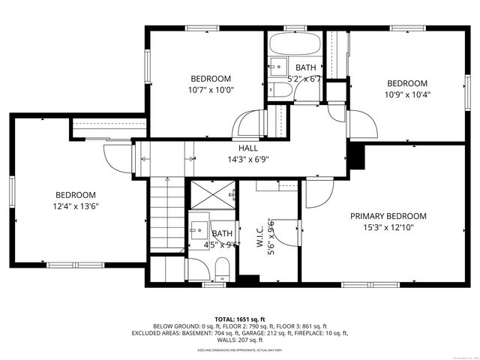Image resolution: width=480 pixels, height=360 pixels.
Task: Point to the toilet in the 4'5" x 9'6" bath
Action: click(222, 268)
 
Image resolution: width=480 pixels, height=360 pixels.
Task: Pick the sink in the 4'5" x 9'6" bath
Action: click(199, 228)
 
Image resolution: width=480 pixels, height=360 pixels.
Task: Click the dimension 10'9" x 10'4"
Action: click(406, 94)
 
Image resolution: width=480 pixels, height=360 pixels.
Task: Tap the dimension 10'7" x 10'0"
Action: click(211, 89)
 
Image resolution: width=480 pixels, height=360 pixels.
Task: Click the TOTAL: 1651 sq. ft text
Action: click(240, 319)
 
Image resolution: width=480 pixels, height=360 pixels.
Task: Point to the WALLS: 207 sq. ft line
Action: click(240, 340)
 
